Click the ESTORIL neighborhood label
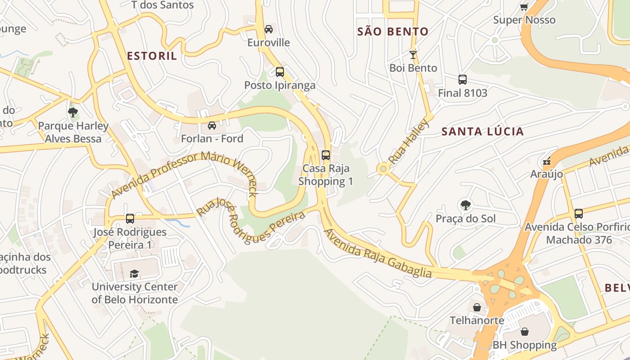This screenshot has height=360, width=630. click(x=152, y=56)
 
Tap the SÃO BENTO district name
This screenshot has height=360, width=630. click(x=392, y=31)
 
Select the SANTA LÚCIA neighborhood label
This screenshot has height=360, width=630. click(x=482, y=131)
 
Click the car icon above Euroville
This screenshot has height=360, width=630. click(x=269, y=29)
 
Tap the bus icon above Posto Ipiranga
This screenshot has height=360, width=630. click(x=279, y=72)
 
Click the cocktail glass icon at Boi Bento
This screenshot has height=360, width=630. click(x=413, y=55)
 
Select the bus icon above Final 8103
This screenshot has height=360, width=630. click(x=462, y=80)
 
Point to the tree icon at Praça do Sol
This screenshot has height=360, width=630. click(x=465, y=206)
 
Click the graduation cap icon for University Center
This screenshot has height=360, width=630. click(x=134, y=273)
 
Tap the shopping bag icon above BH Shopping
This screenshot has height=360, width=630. click(x=524, y=332)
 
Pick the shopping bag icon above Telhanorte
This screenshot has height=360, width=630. click(x=477, y=307)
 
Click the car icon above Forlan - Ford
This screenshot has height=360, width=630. click(x=211, y=126)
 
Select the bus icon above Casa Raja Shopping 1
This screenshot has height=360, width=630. click(x=325, y=155)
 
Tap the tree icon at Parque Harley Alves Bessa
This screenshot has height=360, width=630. click(x=73, y=112)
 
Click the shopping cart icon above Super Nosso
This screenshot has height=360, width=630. click(x=524, y=7)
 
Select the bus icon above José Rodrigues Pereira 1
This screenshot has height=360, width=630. click(x=130, y=219)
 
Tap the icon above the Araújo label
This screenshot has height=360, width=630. click(x=547, y=161)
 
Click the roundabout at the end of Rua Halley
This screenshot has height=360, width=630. click(x=383, y=169)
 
